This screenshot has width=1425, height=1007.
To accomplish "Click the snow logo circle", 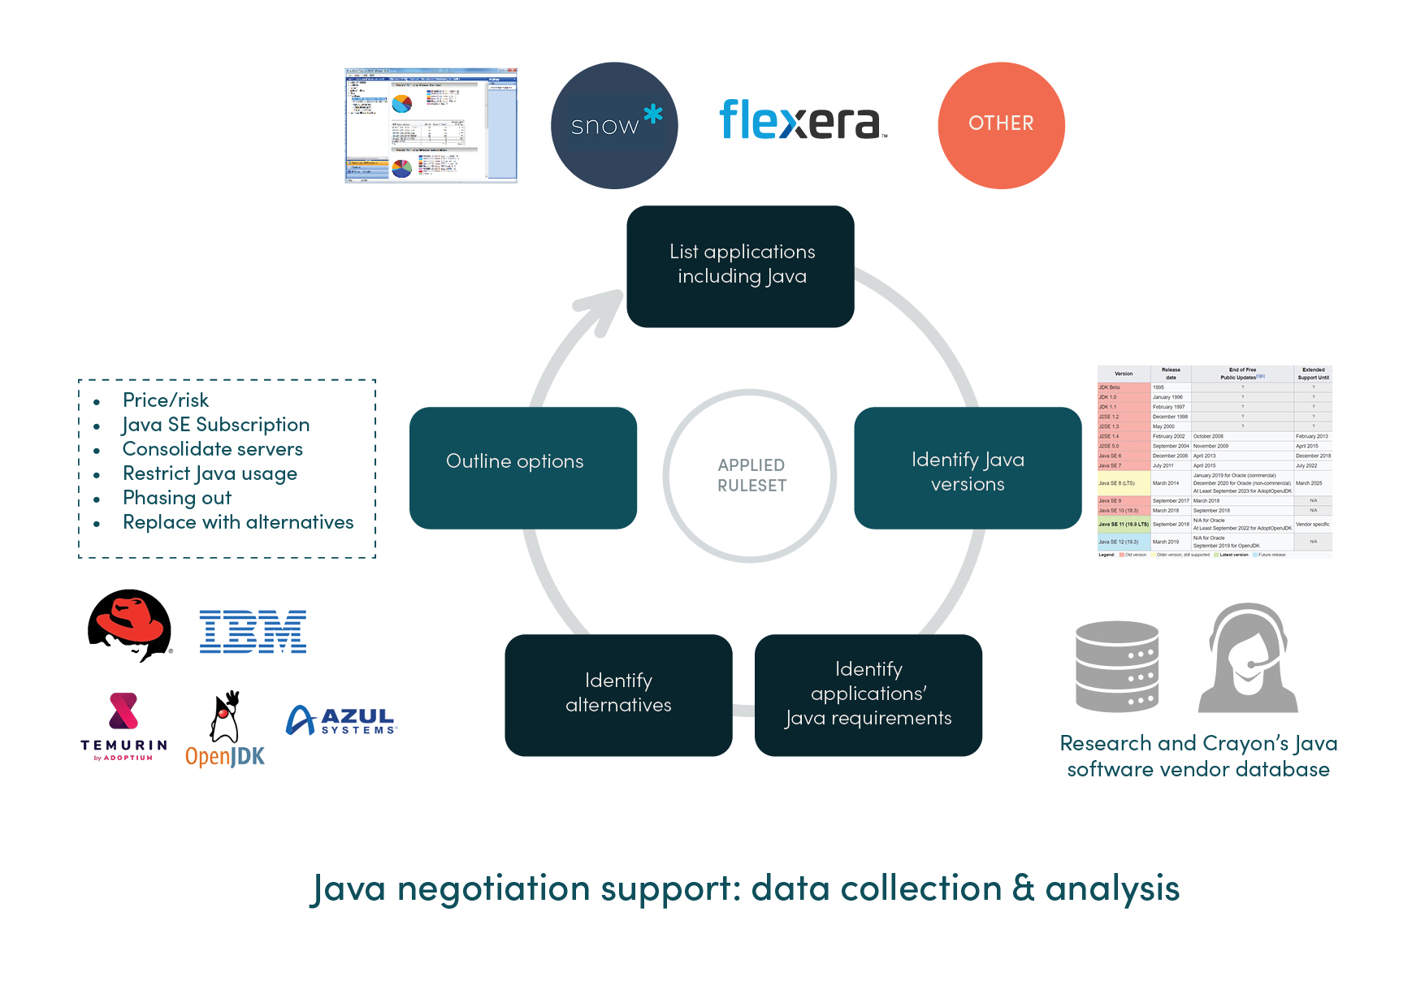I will point(614,126).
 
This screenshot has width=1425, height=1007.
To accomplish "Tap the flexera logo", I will point(801,120).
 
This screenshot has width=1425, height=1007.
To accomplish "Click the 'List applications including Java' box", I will point(740,266).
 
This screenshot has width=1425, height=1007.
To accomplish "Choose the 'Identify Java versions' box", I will point(967,469).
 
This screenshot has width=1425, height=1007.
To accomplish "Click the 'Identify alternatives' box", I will point(618,694).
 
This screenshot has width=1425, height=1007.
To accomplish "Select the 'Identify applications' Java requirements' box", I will point(868,694).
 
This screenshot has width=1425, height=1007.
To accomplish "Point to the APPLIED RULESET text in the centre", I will point(751,476).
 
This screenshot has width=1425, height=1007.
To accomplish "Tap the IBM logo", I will point(253,632).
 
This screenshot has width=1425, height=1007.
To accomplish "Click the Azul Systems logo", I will point(341,720).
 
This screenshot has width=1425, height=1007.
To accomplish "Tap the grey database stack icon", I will point(1117,666).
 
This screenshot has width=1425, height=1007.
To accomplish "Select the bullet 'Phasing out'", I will point(177,498).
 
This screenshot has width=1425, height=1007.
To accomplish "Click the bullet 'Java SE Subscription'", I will point(216,425).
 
